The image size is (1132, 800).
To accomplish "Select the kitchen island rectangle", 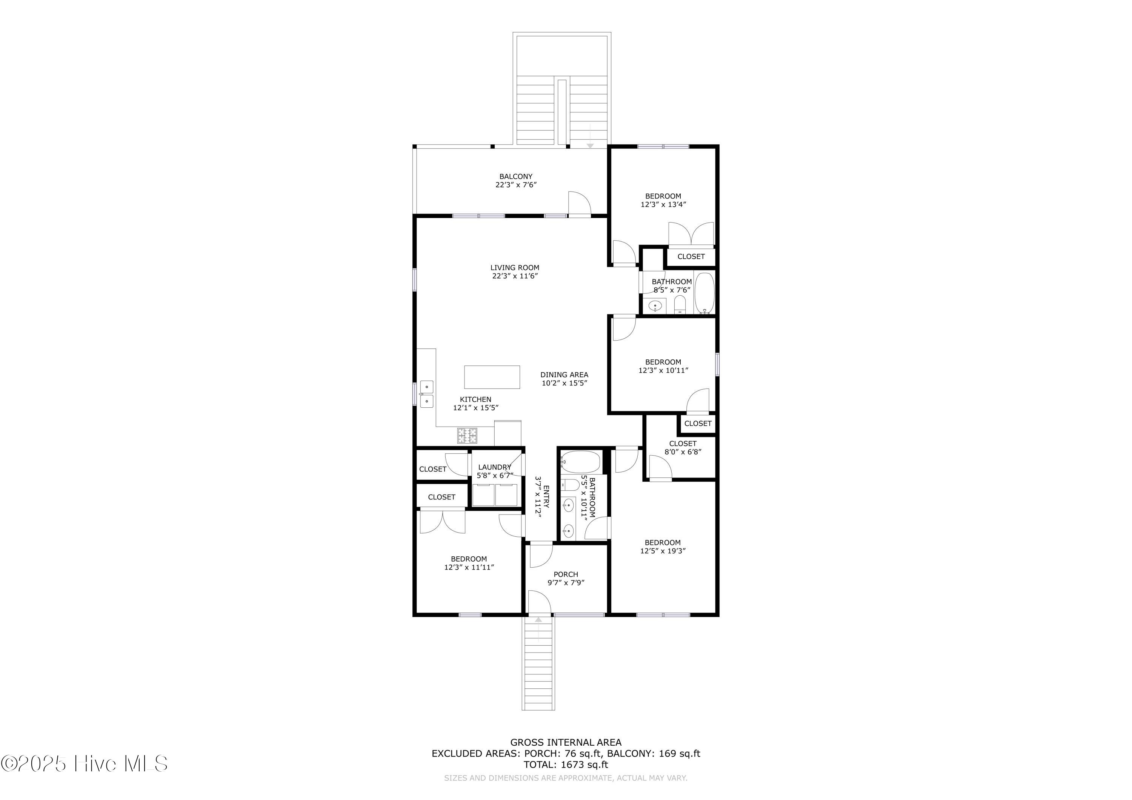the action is coord(492,377).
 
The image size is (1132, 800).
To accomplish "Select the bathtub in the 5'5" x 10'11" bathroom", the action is coord(580,462).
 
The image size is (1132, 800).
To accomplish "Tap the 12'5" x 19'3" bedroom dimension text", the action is coord(663,551).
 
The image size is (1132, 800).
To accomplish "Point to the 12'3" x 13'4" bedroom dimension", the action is coord(663,204).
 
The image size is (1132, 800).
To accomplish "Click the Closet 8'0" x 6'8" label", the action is coord(683,448).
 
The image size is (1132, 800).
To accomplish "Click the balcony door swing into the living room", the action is coord(580,203).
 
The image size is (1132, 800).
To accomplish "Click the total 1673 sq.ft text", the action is coord(566,765).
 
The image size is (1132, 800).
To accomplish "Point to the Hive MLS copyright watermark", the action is coord(84,763).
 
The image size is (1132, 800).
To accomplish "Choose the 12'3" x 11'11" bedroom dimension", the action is coord(469,567).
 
